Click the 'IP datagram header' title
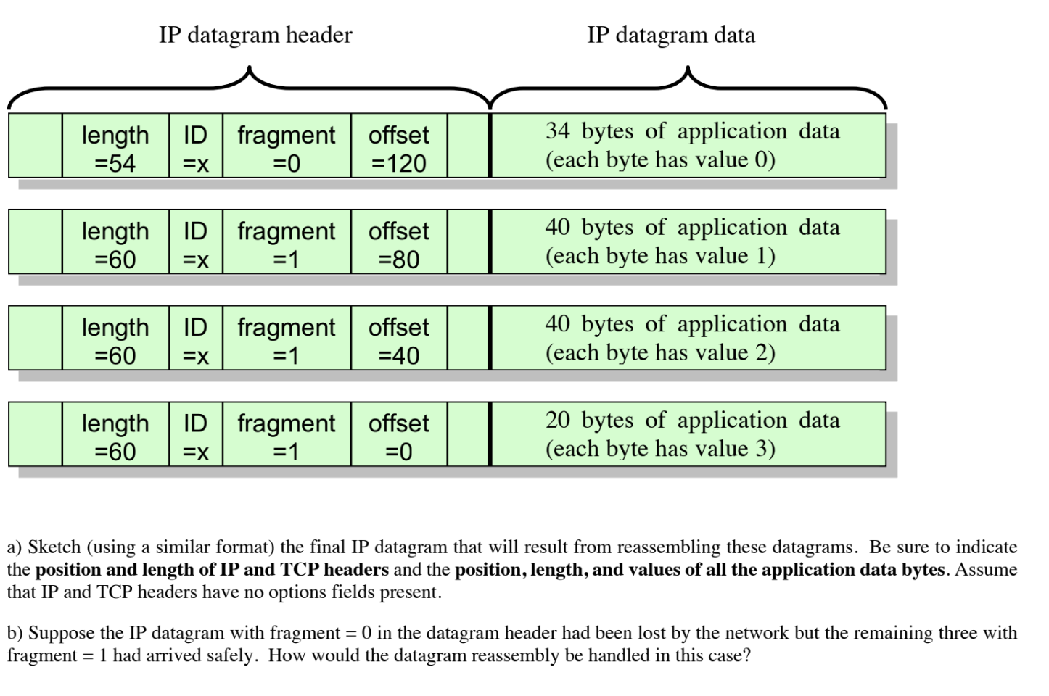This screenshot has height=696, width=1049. pos(255,34)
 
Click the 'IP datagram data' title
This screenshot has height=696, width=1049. pos(671,34)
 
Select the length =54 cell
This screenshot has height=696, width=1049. pos(115,148)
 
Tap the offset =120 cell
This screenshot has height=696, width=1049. pos(398,148)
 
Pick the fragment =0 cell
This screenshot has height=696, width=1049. pos(287,148)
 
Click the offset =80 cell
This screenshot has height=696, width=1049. pos(398,244)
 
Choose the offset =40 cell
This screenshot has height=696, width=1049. pos(398,341)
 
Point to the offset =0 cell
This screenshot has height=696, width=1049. pos(398,436)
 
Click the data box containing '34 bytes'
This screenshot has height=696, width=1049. pos(688,145)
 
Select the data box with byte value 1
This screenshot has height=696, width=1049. pos(688,241)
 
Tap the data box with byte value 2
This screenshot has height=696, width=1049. pos(688,338)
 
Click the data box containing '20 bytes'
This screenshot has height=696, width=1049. pos(688,434)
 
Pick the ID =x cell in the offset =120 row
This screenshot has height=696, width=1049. pos(196,148)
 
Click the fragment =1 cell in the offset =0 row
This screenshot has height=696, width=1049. pos(287,436)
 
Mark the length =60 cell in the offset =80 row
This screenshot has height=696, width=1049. pos(115,244)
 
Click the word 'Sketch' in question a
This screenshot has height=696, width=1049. pos(54,547)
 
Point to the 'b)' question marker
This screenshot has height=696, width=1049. pos(15,633)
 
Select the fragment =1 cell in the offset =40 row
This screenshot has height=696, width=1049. pos(287,341)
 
